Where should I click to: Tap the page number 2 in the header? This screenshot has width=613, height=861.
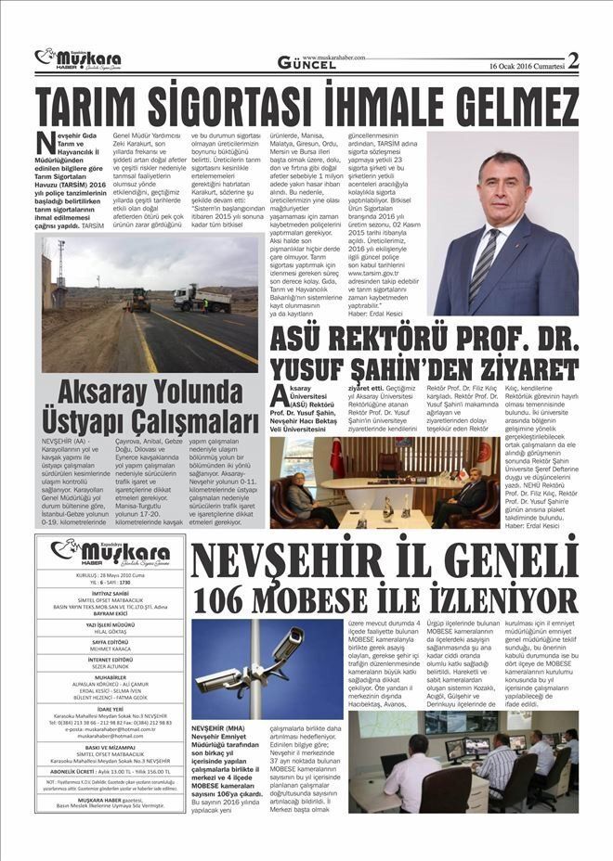pos(574,61)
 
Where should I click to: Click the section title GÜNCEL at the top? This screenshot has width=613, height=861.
pos(306,63)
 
